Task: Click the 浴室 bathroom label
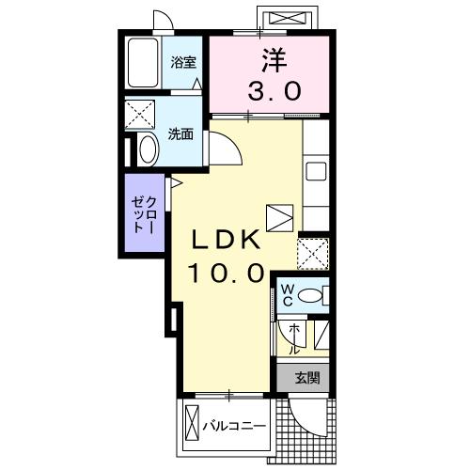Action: [183, 62]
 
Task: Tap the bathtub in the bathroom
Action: [143, 63]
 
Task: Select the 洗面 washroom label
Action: [180, 134]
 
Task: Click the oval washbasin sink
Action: [148, 149]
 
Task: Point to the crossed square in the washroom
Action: [140, 115]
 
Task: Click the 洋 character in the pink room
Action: [274, 60]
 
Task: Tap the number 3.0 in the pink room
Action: [274, 90]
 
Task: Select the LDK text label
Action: [226, 240]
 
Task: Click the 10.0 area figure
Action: [226, 273]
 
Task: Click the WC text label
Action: [288, 294]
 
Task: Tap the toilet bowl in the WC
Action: [310, 295]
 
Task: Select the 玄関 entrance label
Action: [307, 378]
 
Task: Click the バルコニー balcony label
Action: [234, 426]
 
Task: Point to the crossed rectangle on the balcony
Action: [192, 423]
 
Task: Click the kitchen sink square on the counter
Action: [316, 171]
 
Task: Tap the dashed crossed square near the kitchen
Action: [313, 254]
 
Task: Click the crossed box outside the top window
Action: [288, 18]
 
